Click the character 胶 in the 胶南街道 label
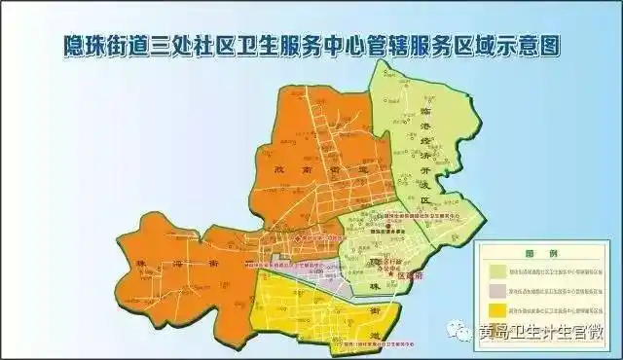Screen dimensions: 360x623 (x=276, y=171)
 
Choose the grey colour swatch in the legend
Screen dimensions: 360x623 (x=498, y=289)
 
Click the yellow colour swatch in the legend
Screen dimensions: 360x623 (x=498, y=309)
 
